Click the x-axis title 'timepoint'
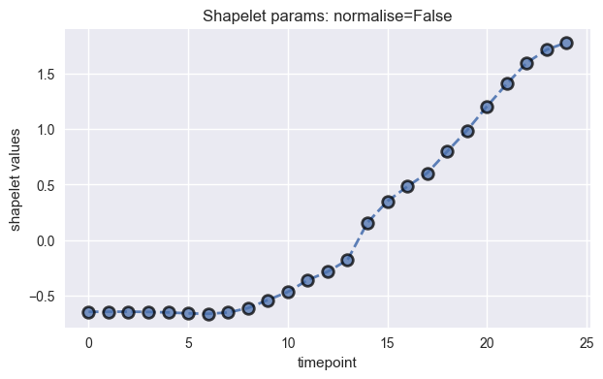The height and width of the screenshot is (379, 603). [327, 362]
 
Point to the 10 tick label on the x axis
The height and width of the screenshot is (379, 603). [288, 341]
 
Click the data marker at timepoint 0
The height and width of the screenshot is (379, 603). [89, 312]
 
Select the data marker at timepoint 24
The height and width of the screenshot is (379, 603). [567, 43]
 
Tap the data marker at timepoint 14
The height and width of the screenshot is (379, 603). [367, 223]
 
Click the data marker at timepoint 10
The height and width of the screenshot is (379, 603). [288, 292]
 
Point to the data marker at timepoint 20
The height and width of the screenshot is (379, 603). [487, 107]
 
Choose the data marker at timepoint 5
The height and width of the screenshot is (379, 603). [188, 313]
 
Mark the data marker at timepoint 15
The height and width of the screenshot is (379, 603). [388, 202]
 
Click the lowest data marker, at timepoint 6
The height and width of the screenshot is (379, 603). [208, 315]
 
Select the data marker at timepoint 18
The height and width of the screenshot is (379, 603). [447, 151]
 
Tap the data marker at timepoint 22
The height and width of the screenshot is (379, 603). [526, 63]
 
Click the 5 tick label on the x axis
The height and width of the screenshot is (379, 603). [188, 341]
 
